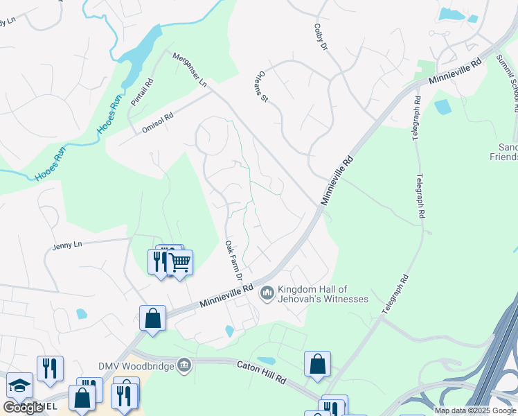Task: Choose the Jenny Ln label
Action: pos(67,245)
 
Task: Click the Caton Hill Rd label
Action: pos(262,371)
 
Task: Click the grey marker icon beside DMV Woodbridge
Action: pos(184,365)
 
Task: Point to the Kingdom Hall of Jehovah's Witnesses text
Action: pos(322,294)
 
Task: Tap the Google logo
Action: pos(23,408)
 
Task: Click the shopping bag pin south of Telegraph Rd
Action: pos(317,363)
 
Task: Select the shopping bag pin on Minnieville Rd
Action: pos(152,318)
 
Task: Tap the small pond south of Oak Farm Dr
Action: pos(230,331)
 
